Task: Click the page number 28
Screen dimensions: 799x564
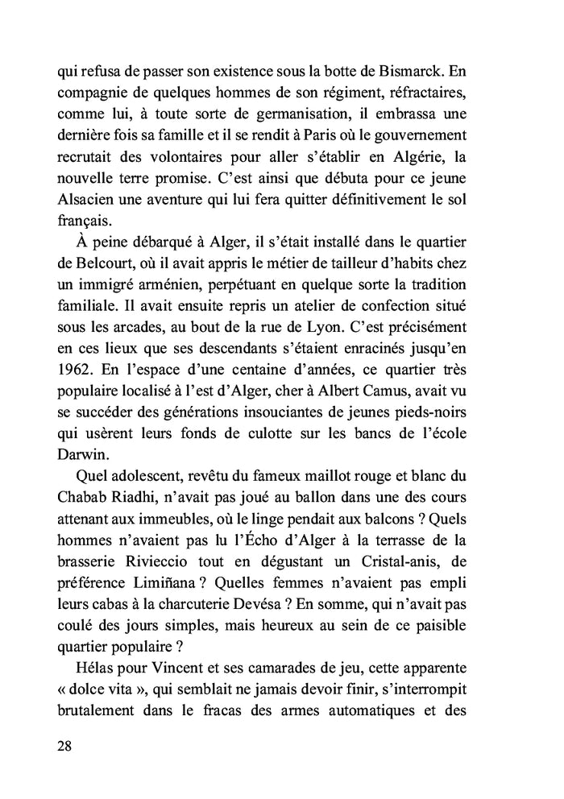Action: [65, 745]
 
